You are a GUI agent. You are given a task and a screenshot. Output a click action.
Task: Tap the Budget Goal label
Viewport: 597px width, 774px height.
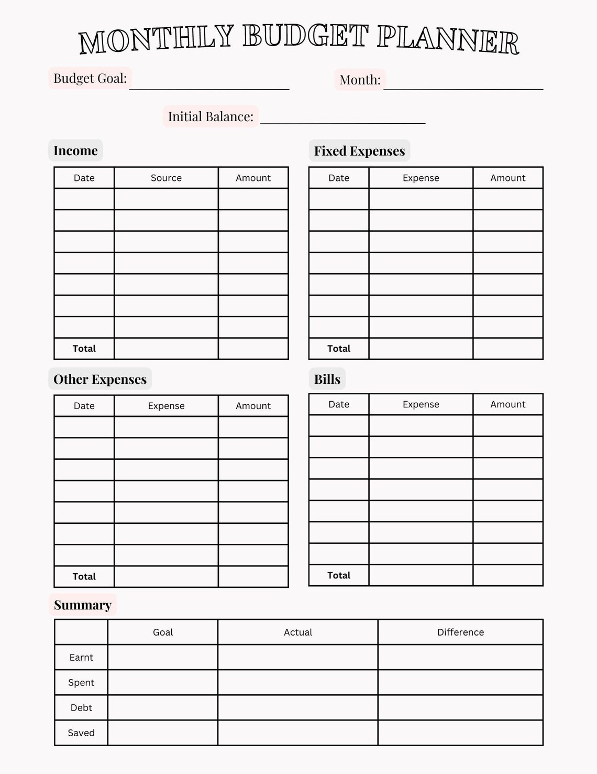pos(90,79)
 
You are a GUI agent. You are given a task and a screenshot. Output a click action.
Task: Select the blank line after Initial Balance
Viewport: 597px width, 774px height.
pos(342,118)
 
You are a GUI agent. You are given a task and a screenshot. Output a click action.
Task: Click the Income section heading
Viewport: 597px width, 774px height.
pos(75,151)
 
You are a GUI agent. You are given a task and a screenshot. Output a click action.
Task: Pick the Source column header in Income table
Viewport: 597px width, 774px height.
pos(166,178)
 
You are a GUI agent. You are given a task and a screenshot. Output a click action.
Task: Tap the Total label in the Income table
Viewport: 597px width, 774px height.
pos(84,349)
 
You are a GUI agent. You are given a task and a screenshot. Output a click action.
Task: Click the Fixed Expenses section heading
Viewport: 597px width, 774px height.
pos(359,151)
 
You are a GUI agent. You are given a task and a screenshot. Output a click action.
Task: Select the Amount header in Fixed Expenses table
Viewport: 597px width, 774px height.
pos(507,178)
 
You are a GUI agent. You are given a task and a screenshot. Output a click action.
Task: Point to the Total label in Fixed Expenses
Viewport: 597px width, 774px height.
pos(339,349)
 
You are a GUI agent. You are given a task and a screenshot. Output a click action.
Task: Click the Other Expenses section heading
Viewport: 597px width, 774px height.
pos(100,379)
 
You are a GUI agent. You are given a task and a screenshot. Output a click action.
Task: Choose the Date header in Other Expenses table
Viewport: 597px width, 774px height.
pos(84,406)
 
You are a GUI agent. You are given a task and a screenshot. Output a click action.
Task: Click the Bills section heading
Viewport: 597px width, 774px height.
pos(327,379)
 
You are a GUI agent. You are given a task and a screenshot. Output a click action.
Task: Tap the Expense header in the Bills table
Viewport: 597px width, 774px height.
pos(421,404)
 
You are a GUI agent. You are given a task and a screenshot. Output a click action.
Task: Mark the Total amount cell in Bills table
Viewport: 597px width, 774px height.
pos(507,575)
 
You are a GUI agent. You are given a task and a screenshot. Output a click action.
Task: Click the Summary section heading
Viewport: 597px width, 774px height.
pos(82,605)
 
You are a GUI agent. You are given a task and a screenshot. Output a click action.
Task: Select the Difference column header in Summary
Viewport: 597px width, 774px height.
pos(460,632)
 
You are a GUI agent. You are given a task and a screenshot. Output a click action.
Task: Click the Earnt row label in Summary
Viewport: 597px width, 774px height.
pos(81,658)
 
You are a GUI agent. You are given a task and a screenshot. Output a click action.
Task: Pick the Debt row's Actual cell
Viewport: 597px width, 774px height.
pos(297,708)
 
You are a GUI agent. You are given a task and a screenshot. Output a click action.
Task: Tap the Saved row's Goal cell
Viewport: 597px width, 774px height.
pos(162,733)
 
